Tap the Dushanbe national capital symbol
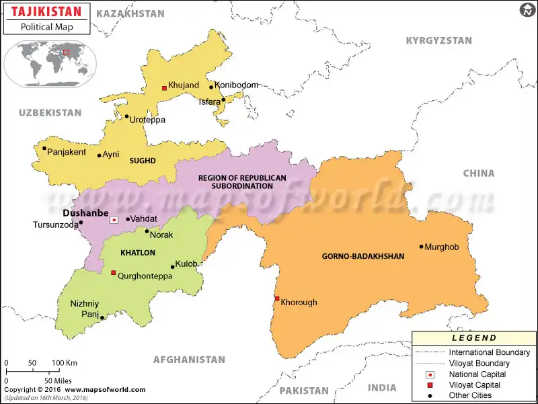coord(114,219)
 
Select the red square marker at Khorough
coord(276,299)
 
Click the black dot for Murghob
coord(422,247)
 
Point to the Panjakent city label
coord(67,152)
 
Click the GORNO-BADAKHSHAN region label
coord(363,256)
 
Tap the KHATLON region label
coord(137,253)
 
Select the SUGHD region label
coord(143,161)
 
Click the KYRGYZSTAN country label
coord(438,41)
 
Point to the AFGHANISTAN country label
coord(188,360)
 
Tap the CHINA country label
coord(478,173)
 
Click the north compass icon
coord(527,10)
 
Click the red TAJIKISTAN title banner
coord(45,11)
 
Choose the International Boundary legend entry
coord(489,352)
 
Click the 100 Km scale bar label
coord(64,363)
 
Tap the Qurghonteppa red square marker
coord(113,273)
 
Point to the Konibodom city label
coord(236,85)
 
